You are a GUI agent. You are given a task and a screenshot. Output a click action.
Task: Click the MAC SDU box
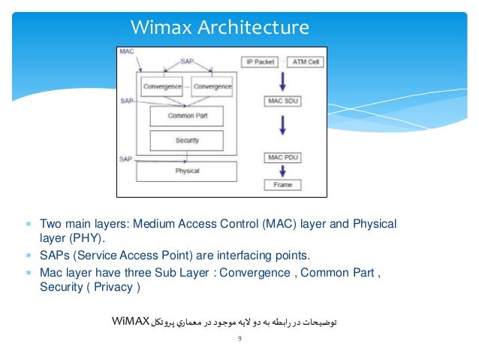point(282,99)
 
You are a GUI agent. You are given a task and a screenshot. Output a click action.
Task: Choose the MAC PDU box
point(282,157)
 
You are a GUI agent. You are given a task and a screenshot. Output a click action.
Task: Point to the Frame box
point(282,184)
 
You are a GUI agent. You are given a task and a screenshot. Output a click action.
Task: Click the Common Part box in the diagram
point(187,116)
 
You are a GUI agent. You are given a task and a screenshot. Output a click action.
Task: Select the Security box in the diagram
point(187,141)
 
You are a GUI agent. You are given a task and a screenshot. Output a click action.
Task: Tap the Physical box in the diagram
point(187,171)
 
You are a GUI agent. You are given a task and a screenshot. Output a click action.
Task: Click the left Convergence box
point(161,86)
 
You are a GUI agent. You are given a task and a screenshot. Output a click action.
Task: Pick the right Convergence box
point(212,86)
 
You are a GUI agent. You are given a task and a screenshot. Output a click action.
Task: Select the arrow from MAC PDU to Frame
point(282,171)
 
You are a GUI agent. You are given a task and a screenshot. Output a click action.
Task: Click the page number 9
point(239,340)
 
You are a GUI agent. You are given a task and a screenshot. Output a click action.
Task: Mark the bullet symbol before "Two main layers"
point(27,224)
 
